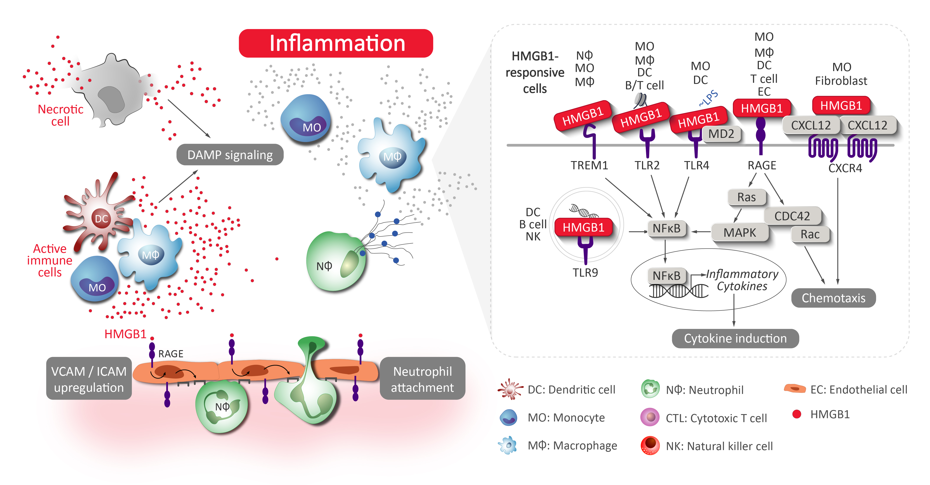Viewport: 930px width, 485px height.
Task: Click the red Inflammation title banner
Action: [x=336, y=43]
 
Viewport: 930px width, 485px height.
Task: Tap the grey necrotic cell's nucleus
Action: [x=111, y=99]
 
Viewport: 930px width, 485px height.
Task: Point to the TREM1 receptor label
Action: [x=589, y=165]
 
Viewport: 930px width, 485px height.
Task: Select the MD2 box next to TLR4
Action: [x=721, y=134]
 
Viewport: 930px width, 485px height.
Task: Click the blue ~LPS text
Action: [x=708, y=98]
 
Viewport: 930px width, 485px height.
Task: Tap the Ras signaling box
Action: [x=746, y=197]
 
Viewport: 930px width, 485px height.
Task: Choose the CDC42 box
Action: [x=792, y=216]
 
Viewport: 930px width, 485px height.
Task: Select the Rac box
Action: [x=810, y=234]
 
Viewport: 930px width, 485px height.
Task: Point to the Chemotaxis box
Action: [x=833, y=298]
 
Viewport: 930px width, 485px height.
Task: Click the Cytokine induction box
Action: [x=735, y=338]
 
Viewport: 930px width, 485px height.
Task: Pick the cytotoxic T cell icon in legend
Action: [x=650, y=418]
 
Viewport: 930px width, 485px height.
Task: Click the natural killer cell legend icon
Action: [x=650, y=446]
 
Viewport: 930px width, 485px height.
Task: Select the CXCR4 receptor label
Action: [x=845, y=168]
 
